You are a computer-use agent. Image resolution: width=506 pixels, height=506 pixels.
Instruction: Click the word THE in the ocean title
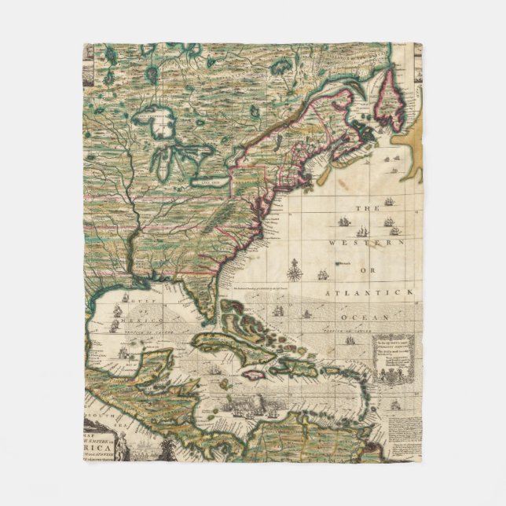coord(363,208)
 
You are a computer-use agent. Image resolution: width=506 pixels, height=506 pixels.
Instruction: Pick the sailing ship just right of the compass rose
coord(321,273)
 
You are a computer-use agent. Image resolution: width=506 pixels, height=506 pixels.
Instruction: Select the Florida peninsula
coord(200,303)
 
